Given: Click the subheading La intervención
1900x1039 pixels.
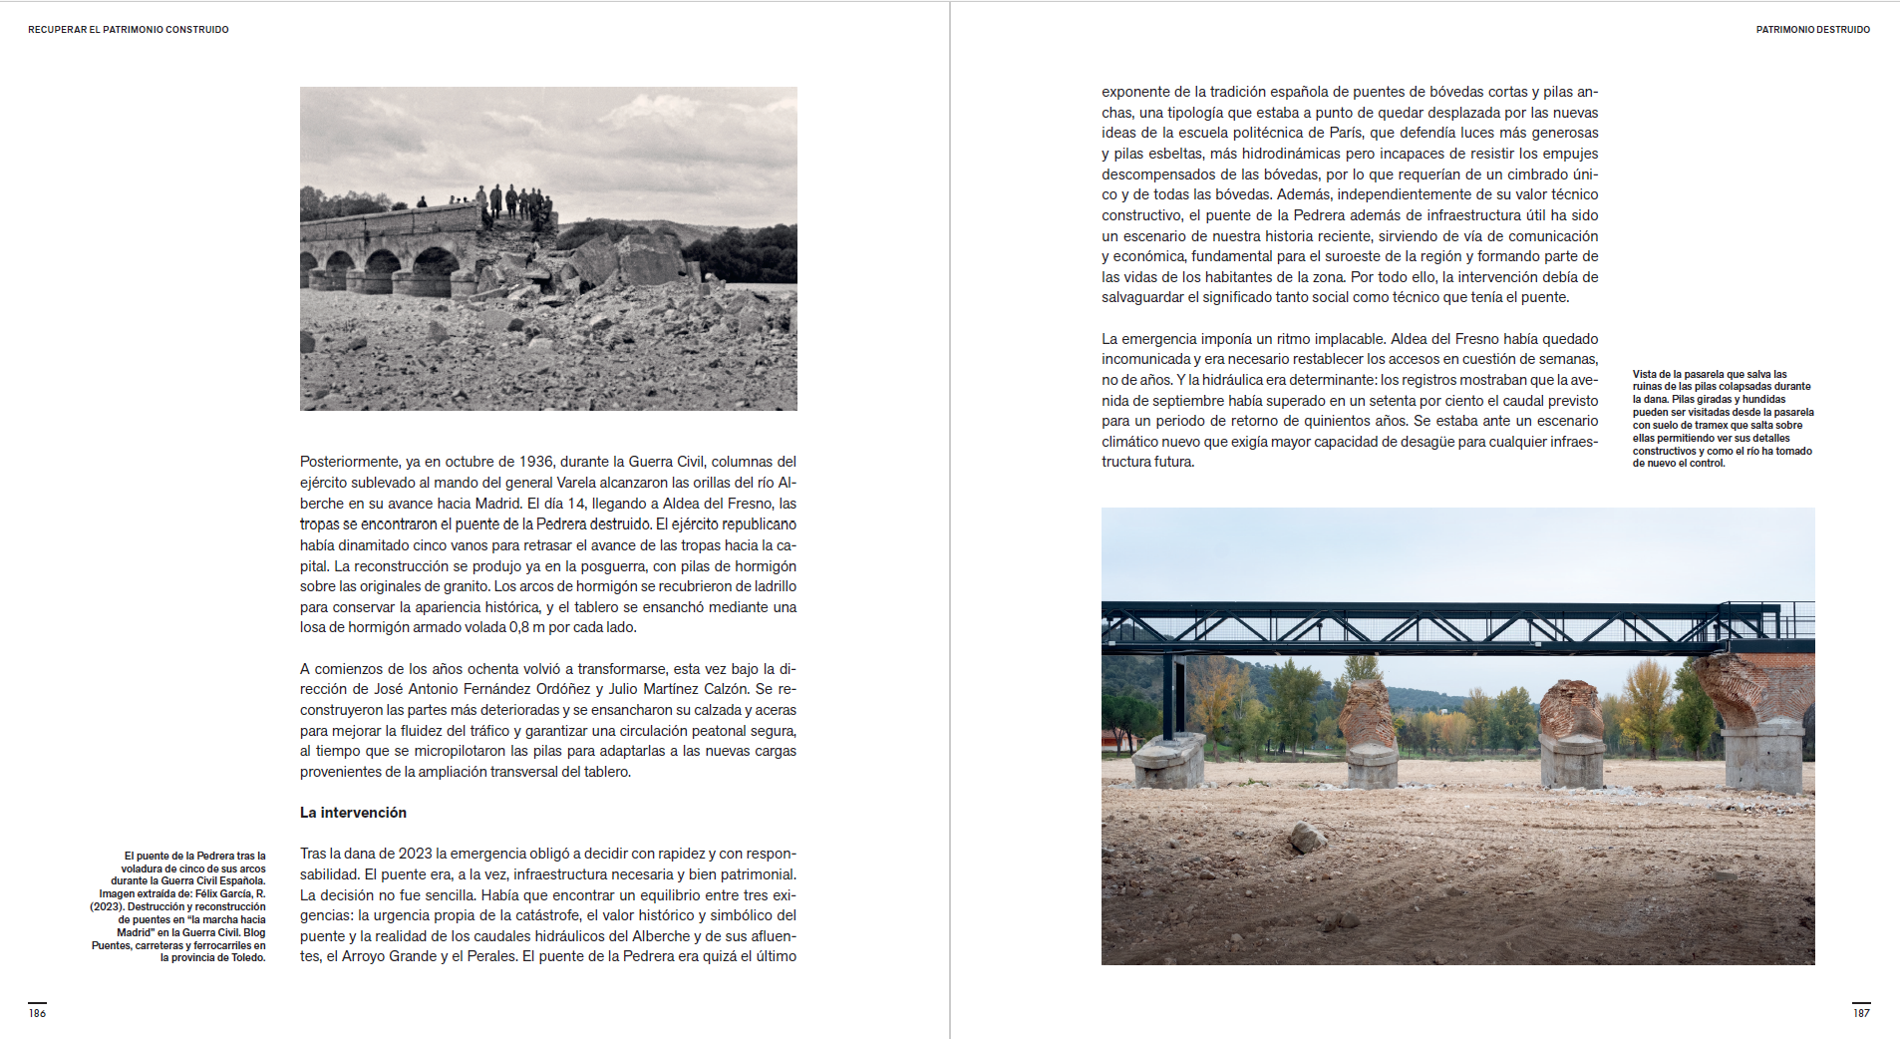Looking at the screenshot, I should (x=353, y=813).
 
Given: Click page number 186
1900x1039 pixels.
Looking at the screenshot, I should (x=37, y=1013).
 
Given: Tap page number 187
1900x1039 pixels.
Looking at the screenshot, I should (x=1861, y=1013).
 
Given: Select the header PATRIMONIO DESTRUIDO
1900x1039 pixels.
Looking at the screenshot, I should (x=1812, y=30).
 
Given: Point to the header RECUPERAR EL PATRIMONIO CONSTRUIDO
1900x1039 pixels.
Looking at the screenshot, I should (x=129, y=30).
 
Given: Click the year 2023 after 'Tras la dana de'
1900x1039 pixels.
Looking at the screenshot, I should (x=415, y=854).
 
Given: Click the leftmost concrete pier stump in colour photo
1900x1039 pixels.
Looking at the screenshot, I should (x=1168, y=760).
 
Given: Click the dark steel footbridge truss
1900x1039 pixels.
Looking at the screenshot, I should (x=1435, y=625).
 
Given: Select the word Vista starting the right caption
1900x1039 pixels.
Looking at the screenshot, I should (x=1645, y=375).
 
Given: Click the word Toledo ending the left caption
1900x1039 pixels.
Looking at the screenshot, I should (x=247, y=958).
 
